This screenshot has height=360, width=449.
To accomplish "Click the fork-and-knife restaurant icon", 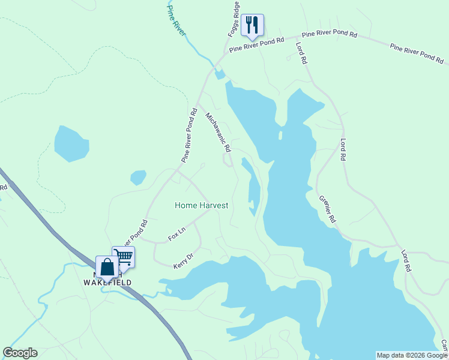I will click(252, 25).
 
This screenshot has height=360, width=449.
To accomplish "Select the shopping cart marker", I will click(124, 257).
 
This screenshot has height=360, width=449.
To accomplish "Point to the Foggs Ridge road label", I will click(235, 18).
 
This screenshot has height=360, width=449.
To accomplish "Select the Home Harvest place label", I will click(202, 205).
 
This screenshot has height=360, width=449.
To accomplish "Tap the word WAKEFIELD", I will click(107, 282).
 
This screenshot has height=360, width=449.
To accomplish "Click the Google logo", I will click(20, 353).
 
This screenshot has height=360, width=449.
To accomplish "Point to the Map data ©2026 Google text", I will click(412, 355).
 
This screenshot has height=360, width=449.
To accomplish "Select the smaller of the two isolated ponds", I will click(138, 178).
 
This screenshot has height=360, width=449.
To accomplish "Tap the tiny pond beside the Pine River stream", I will click(220, 74).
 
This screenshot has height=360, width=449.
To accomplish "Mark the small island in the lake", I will click(280, 136).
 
